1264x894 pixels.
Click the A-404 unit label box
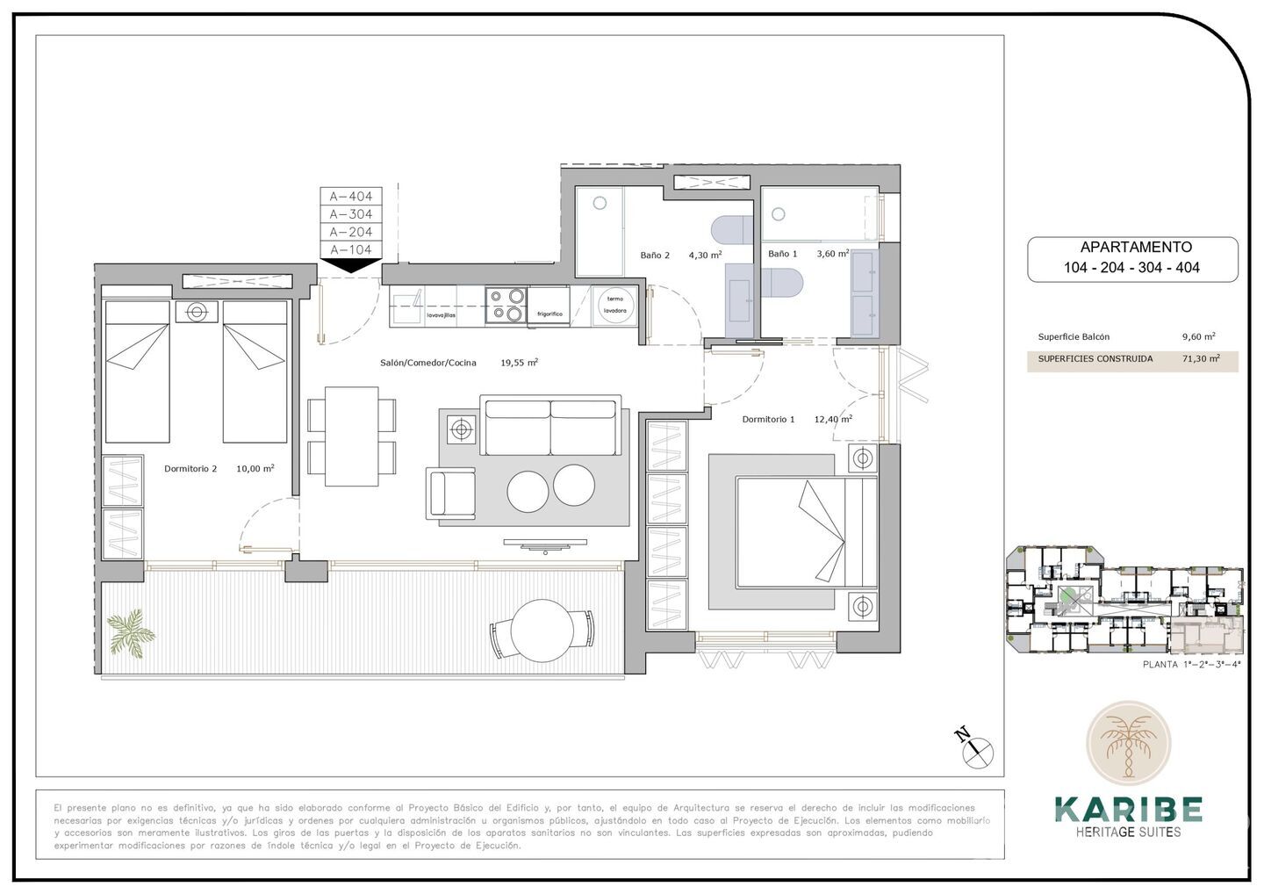pos(350,197)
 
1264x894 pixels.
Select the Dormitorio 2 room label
pos(190,469)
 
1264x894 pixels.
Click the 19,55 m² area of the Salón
pos(519,362)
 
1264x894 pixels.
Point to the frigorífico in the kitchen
pos(549,306)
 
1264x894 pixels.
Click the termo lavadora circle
pos(614,305)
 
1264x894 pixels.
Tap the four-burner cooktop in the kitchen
pos(506,305)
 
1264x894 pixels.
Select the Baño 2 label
pos(655,256)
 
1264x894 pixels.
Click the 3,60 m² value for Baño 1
pos(832,254)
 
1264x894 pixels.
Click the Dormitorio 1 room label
pos(768,420)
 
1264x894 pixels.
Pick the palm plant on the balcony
pos(130,630)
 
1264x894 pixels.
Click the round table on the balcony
pos(542,631)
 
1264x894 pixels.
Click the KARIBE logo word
pos(1128,809)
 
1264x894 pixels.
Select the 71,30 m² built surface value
pos(1200,358)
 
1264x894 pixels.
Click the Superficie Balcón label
pos(1074,336)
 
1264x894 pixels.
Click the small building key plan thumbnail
pos(1125,600)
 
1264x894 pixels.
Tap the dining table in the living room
pos(351,436)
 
